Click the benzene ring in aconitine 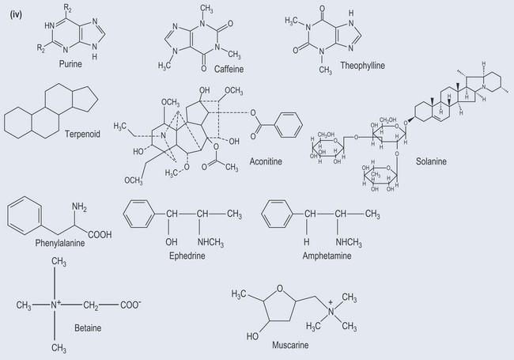coord(285,123)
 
